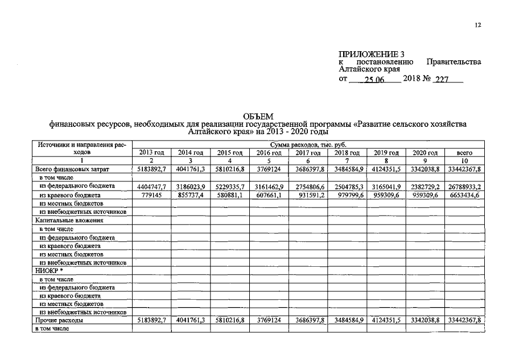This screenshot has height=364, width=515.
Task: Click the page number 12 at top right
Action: [x=477, y=24]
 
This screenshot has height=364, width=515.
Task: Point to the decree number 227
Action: [x=442, y=80]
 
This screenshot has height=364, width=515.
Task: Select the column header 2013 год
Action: [x=151, y=153]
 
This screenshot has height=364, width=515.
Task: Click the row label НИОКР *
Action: [x=49, y=271]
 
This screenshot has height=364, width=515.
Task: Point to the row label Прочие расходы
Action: [x=59, y=321]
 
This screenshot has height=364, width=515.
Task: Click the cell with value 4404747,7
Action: [x=151, y=187]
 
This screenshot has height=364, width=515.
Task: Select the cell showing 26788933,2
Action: [x=464, y=187]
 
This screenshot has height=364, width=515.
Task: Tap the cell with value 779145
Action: [x=151, y=195]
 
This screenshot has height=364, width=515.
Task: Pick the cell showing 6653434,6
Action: [x=464, y=195]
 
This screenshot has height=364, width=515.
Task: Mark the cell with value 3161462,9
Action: [x=269, y=187]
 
